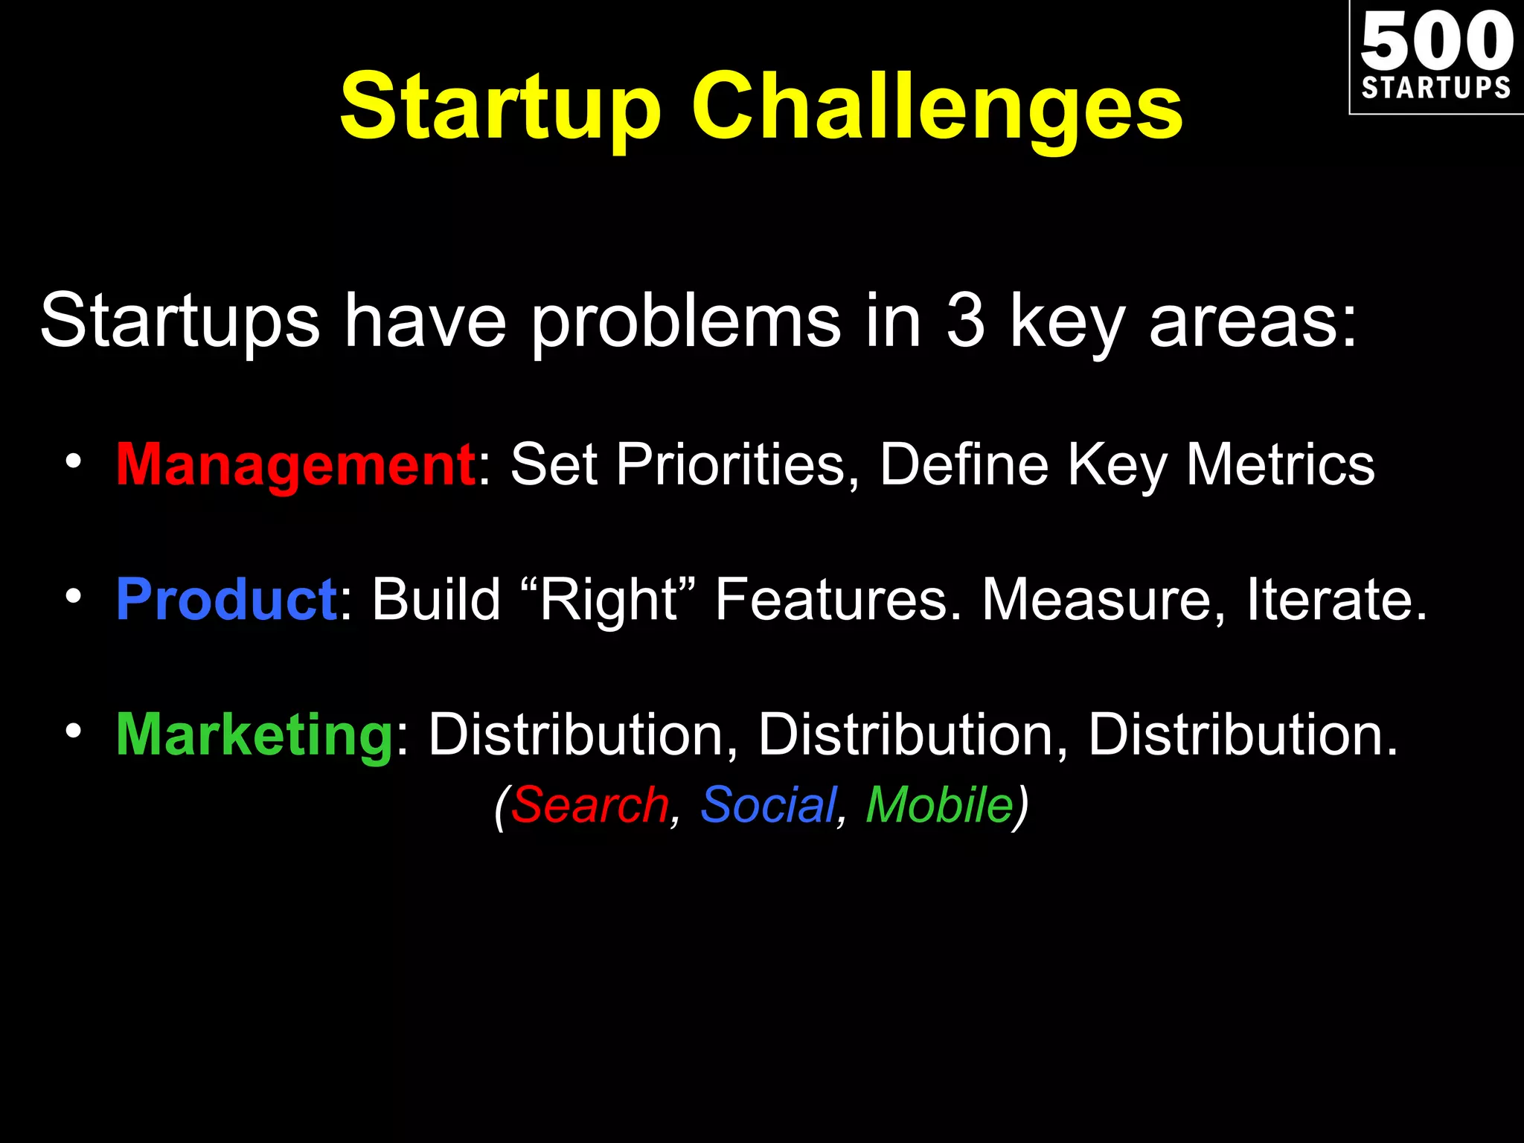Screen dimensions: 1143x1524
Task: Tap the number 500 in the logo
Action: point(1436,41)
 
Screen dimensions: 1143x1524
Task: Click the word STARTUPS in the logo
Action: point(1436,88)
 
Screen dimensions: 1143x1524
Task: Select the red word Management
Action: point(295,465)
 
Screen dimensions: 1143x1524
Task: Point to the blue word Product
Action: point(227,600)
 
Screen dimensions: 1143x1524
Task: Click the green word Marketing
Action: point(254,734)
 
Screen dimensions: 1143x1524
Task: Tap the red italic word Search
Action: point(589,805)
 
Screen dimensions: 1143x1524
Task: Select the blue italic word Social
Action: point(768,805)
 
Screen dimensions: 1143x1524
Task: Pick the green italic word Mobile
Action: point(939,805)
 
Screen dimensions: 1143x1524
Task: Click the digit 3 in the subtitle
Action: point(966,320)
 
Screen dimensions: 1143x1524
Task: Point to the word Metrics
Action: point(1280,465)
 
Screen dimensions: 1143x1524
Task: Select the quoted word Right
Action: point(609,600)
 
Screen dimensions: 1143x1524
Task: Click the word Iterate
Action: point(1336,600)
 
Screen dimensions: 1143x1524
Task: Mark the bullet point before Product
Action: point(72,597)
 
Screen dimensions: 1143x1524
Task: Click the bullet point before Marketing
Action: point(72,731)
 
